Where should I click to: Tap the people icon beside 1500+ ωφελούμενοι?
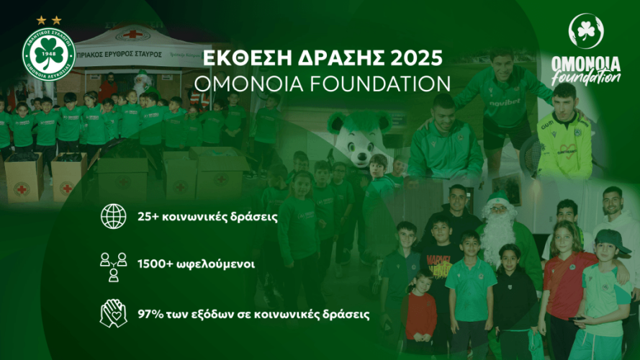tap(112, 264)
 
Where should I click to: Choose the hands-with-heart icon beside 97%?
tap(112, 313)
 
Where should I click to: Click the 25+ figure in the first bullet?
tap(148, 217)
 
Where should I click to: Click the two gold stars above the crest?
tap(48, 20)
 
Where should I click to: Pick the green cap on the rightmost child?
tap(611, 240)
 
